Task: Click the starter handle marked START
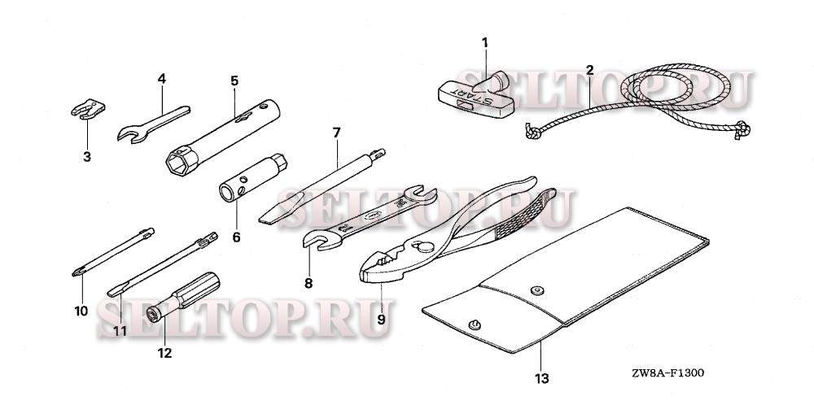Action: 475,97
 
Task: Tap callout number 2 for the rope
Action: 589,70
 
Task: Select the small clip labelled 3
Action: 88,109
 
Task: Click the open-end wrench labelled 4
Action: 153,124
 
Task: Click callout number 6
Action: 236,237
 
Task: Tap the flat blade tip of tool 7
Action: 268,218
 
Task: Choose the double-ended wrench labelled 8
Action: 370,217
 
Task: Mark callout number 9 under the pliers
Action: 381,320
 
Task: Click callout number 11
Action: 120,331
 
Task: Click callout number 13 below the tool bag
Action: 541,378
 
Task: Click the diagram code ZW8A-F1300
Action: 668,372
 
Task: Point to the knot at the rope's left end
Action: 532,131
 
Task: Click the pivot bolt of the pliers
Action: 424,247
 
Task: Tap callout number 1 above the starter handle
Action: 485,42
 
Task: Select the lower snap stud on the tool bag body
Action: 474,325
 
